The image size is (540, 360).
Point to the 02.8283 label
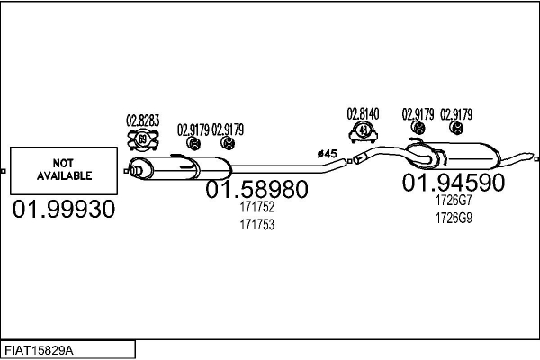click(142, 120)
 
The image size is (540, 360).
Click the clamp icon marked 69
click(143, 140)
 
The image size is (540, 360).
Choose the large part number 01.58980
click(256, 190)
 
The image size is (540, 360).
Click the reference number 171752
click(256, 207)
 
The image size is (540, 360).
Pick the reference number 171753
click(256, 224)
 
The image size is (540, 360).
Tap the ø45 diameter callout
click(327, 155)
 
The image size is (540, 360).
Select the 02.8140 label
click(364, 114)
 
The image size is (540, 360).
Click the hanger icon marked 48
click(364, 132)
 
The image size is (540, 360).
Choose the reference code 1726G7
click(454, 201)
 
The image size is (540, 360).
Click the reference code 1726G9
click(454, 218)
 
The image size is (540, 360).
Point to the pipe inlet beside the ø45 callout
click(356, 160)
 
